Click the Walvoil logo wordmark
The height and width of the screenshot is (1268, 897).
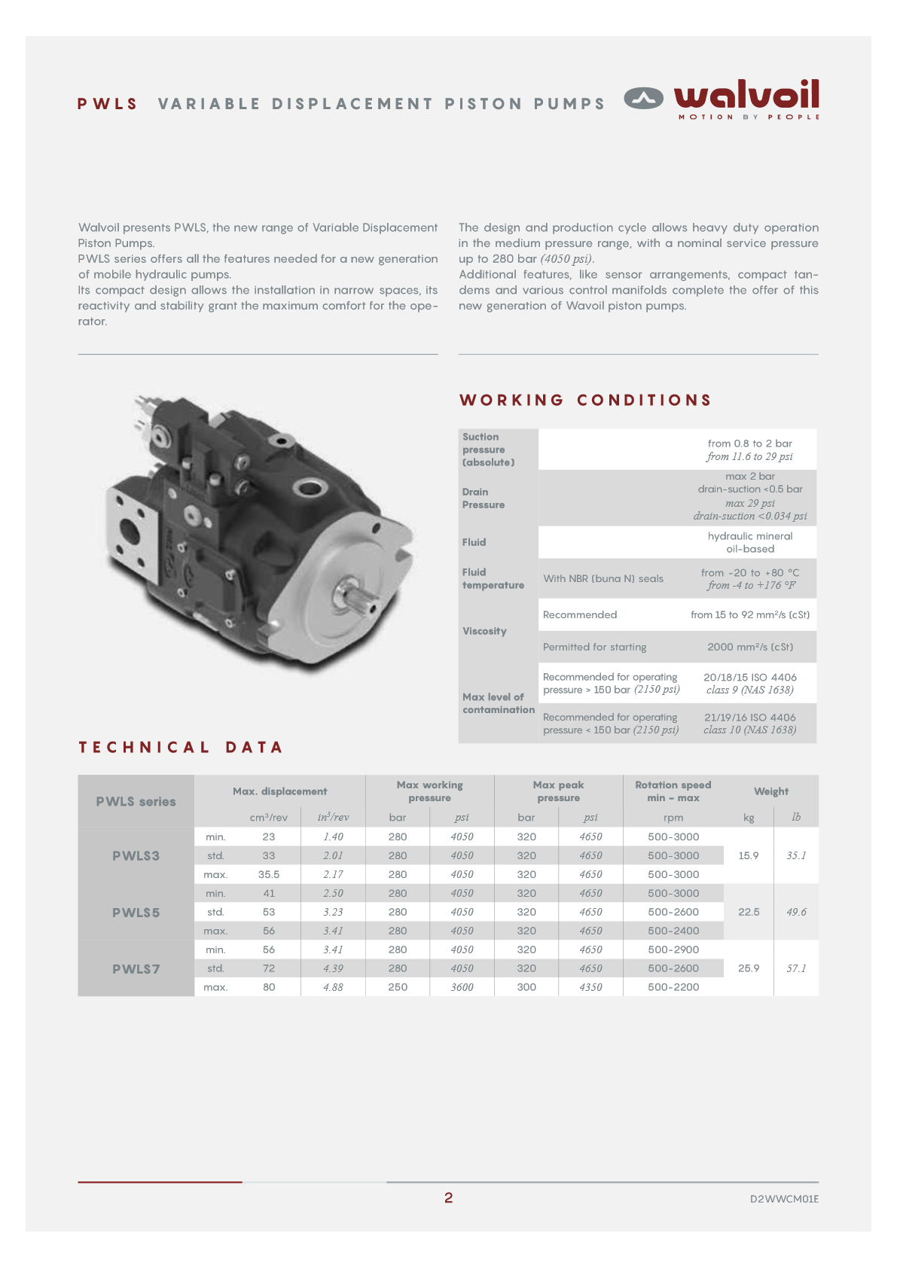[x=746, y=96]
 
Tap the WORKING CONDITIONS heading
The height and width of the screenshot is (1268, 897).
[x=585, y=400]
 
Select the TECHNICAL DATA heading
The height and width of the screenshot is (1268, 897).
[x=181, y=747]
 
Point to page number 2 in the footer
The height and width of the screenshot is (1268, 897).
[x=448, y=1197]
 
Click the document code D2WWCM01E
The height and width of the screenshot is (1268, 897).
[x=783, y=1199]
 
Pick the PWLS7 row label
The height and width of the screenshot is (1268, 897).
[x=136, y=968]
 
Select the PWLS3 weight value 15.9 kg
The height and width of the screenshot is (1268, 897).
[x=748, y=855]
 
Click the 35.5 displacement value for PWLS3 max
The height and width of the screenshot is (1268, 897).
[x=269, y=874]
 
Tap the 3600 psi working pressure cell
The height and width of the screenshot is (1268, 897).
[x=462, y=987]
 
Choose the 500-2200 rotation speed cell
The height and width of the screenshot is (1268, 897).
[x=673, y=987]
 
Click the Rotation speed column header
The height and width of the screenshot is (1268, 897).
[x=673, y=791]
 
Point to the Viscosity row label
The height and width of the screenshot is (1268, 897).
[x=484, y=631]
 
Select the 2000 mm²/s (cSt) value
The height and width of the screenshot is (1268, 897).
[x=749, y=647]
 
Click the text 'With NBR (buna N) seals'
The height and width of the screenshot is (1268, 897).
[x=603, y=578]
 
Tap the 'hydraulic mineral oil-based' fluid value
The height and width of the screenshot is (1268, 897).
[x=749, y=542]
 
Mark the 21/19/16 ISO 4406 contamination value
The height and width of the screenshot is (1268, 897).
[x=749, y=718]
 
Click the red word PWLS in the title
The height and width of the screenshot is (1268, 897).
[x=108, y=104]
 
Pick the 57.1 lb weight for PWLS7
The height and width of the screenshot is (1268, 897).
[x=796, y=968]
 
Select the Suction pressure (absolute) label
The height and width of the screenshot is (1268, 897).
[x=489, y=450]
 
